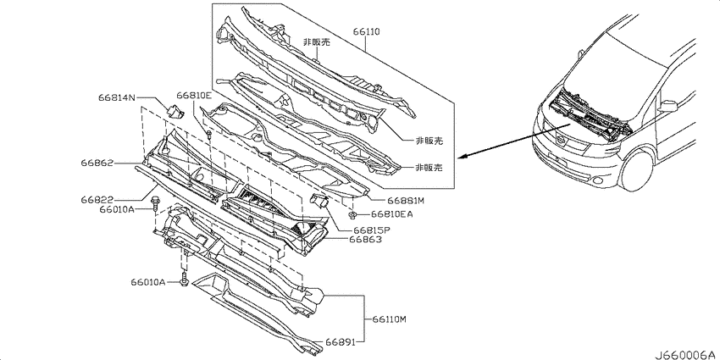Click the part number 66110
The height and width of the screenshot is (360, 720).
(367, 31)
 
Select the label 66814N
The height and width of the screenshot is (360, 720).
(117, 97)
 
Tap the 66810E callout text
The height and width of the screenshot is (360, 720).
(194, 96)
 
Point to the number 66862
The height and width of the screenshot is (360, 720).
(97, 163)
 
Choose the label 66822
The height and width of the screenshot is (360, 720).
(97, 201)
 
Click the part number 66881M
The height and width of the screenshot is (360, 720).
(406, 201)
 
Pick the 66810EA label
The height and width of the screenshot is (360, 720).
(391, 213)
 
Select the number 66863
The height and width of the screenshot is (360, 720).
(365, 239)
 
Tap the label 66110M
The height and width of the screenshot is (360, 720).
(390, 319)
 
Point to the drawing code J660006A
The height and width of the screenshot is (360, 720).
(686, 355)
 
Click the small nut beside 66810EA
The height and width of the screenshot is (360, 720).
(352, 214)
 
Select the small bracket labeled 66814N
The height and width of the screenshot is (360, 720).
(174, 112)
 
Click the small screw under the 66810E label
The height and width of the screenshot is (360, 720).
(209, 135)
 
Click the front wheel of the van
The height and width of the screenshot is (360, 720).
(637, 170)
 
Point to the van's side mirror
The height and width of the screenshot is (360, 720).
(668, 107)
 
